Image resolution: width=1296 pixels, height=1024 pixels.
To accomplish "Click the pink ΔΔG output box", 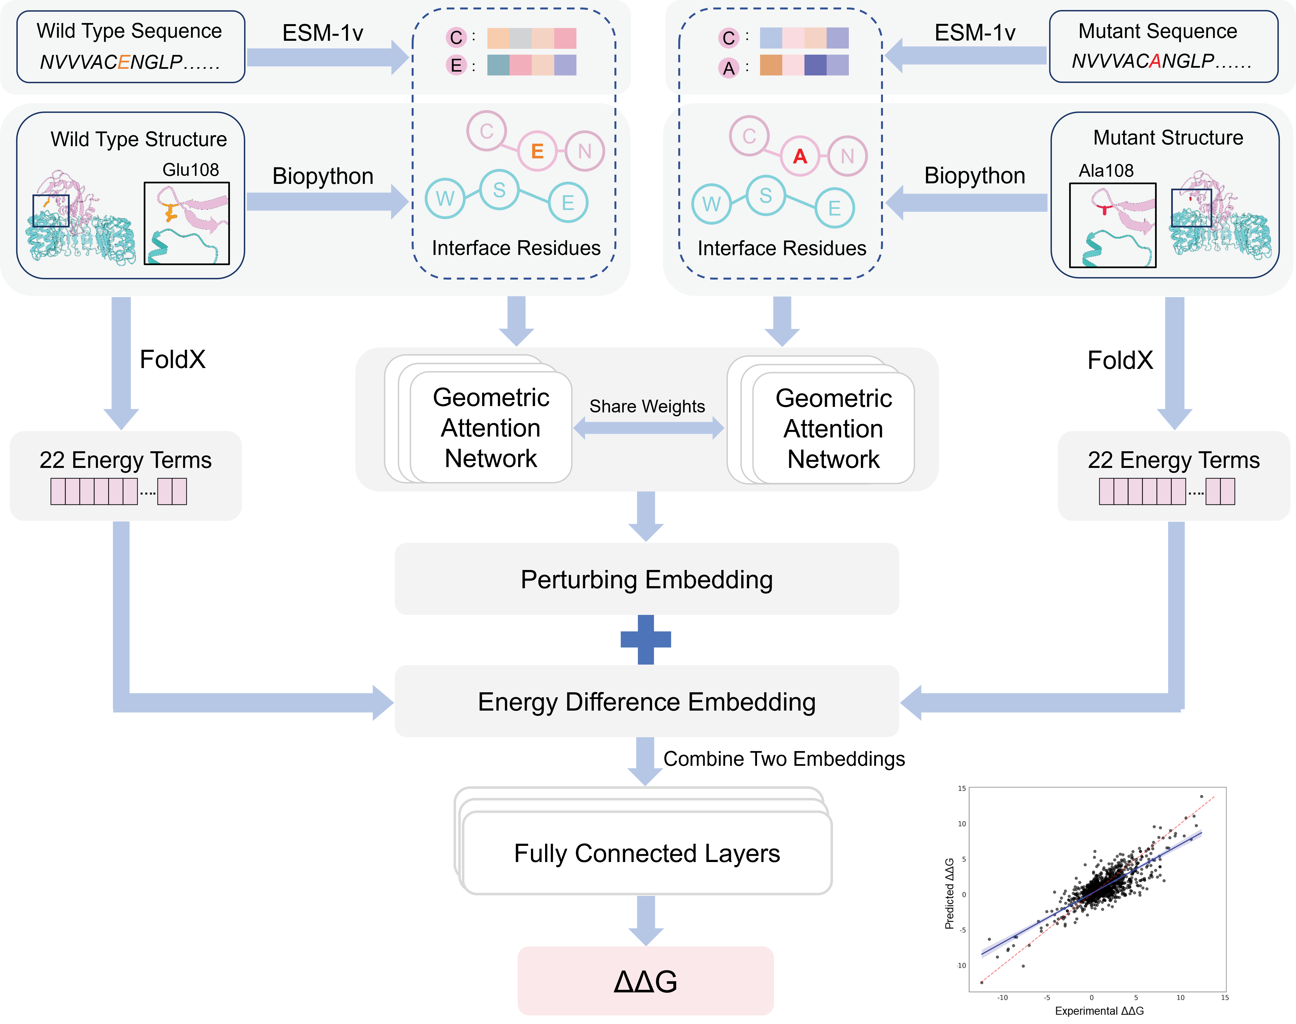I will click(x=646, y=981).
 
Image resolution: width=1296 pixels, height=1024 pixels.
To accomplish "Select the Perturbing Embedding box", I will click(x=646, y=579).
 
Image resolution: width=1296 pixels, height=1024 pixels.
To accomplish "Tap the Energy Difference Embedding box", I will click(x=646, y=701).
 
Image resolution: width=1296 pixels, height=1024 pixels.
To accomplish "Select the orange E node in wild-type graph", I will click(x=537, y=151).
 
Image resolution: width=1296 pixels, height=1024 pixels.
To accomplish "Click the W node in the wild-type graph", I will click(x=445, y=198).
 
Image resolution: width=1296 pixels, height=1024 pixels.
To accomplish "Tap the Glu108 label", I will click(x=191, y=170).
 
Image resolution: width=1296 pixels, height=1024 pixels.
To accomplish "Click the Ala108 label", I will click(x=1106, y=171).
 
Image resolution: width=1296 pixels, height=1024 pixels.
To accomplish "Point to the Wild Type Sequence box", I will click(x=130, y=46).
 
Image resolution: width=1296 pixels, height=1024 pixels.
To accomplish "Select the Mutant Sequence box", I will click(x=1163, y=46).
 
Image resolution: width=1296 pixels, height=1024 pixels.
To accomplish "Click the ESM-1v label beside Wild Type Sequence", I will click(x=323, y=33).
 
